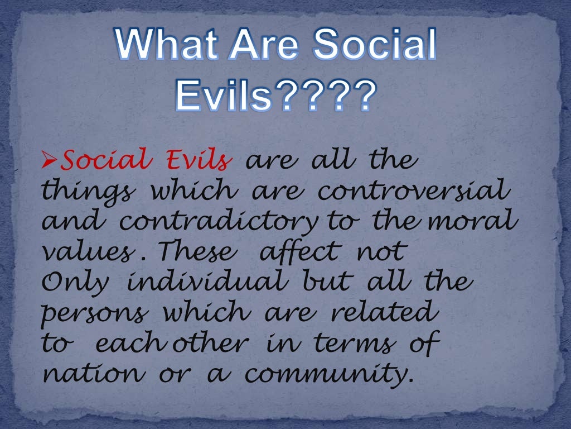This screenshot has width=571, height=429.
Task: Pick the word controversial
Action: click(413, 192)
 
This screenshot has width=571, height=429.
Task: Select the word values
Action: click(86, 252)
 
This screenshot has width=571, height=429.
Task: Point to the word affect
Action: click(299, 252)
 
